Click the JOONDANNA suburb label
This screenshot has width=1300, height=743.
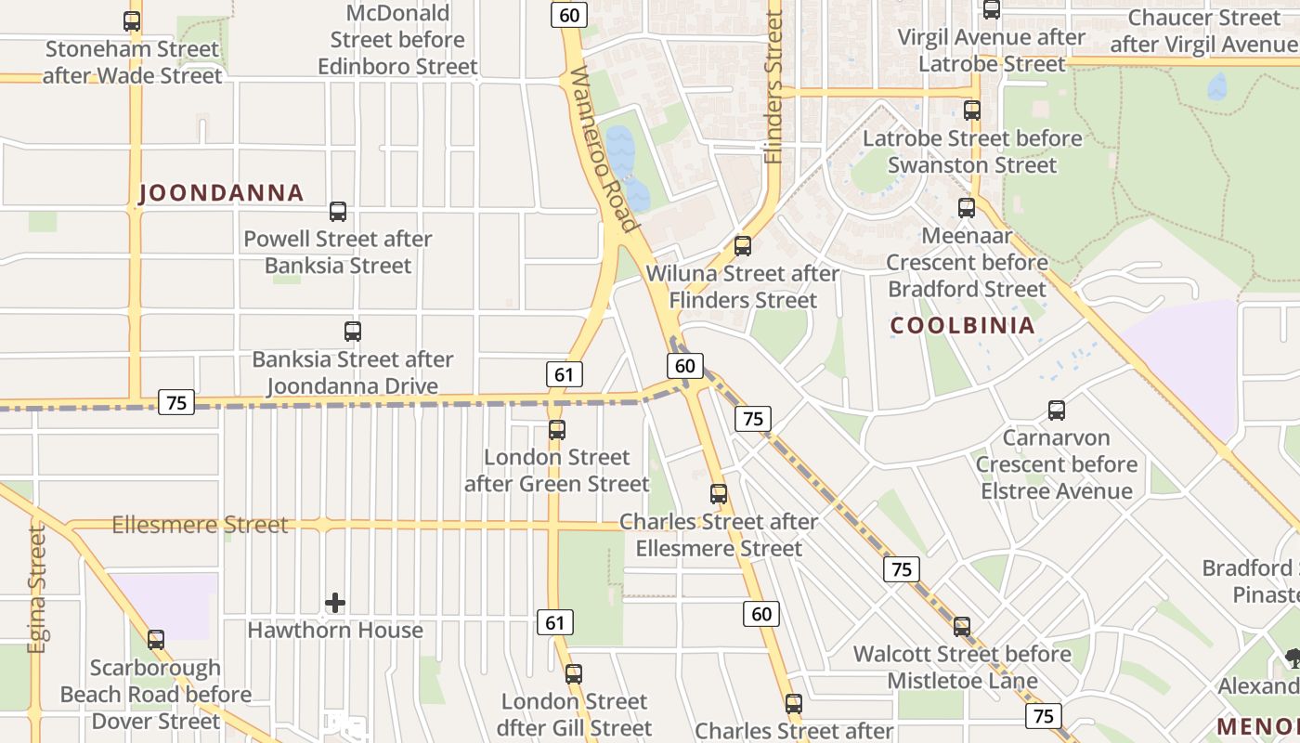tap(221, 193)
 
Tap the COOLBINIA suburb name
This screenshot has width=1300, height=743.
tap(962, 325)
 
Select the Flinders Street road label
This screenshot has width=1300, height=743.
tap(774, 88)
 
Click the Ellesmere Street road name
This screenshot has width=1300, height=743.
tap(200, 525)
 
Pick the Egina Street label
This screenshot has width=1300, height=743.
tap(36, 589)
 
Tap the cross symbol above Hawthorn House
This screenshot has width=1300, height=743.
tap(335, 604)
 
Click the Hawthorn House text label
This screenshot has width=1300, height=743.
tap(335, 631)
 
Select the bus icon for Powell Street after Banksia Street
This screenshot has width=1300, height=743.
tap(338, 212)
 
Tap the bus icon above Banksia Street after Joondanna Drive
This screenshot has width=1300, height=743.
tap(353, 332)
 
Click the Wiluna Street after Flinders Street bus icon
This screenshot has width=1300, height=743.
tap(743, 246)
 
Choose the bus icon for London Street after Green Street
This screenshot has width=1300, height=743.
tap(557, 430)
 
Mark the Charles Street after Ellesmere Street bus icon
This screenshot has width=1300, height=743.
tap(719, 494)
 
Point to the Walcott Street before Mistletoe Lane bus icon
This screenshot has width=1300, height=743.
tap(962, 627)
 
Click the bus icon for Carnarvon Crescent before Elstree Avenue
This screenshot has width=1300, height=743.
tap(1057, 411)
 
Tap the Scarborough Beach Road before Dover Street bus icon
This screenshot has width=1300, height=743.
tap(156, 640)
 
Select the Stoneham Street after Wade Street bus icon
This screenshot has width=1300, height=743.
tap(132, 21)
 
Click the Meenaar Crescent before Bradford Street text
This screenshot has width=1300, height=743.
tap(967, 263)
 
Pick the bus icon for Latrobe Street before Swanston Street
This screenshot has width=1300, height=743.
tap(972, 111)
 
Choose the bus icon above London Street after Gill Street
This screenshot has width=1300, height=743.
tap(574, 674)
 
